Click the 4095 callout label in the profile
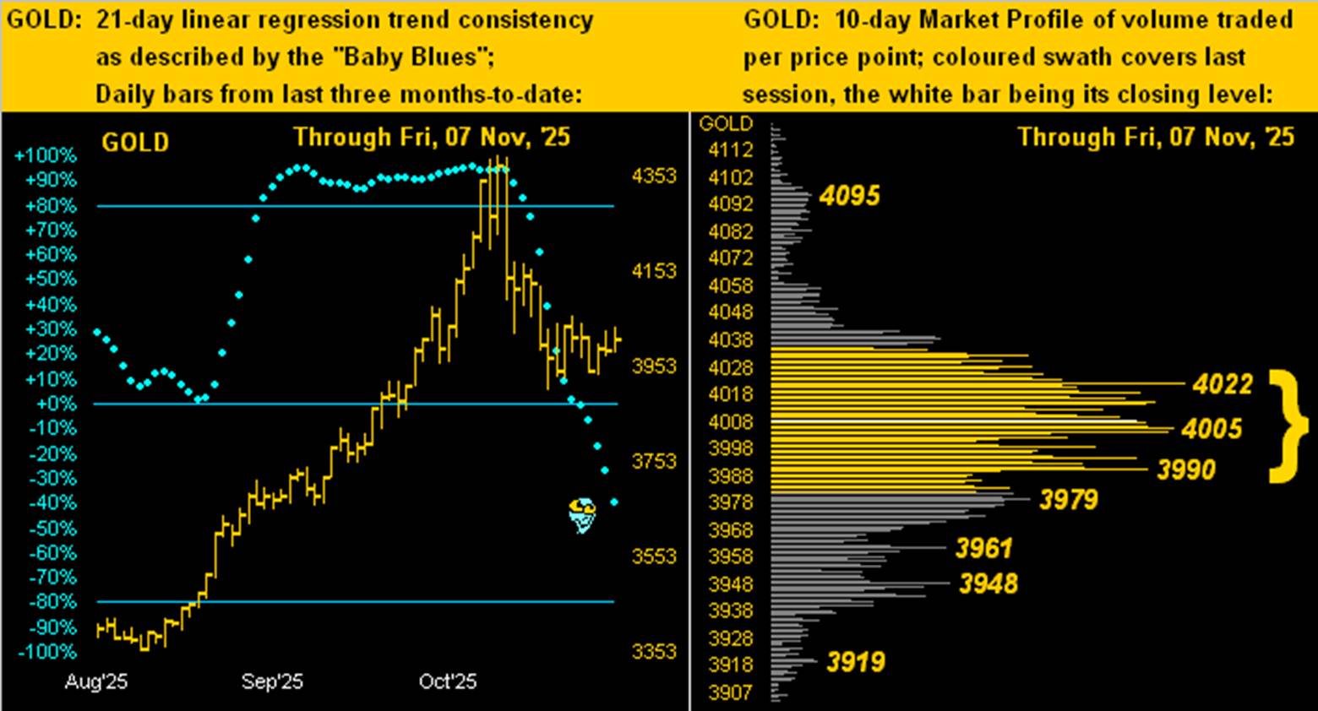[x=850, y=196]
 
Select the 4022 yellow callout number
[x=1223, y=384]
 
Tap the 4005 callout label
[x=1212, y=429]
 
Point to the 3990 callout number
[x=1186, y=469]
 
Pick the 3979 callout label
[x=1069, y=500]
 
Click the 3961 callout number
[x=983, y=549]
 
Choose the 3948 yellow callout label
[x=988, y=583]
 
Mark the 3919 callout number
[x=856, y=661]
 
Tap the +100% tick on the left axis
[x=46, y=156]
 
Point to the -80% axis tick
[x=52, y=602]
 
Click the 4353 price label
[x=654, y=176]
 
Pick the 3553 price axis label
[x=654, y=556]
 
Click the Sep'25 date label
[x=272, y=681]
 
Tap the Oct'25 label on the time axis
[x=448, y=681]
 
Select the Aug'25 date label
[x=95, y=681]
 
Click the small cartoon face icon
[x=582, y=515]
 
